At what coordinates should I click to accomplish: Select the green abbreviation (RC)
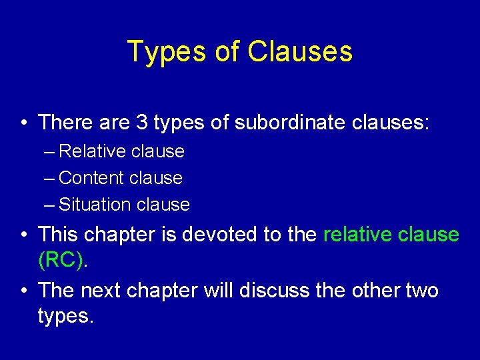pos(62,260)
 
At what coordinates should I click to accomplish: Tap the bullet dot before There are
pos(23,123)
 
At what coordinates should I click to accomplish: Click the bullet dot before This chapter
pos(23,235)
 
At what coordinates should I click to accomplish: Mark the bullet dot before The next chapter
pos(23,291)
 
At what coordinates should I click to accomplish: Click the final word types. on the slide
pos(66,316)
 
